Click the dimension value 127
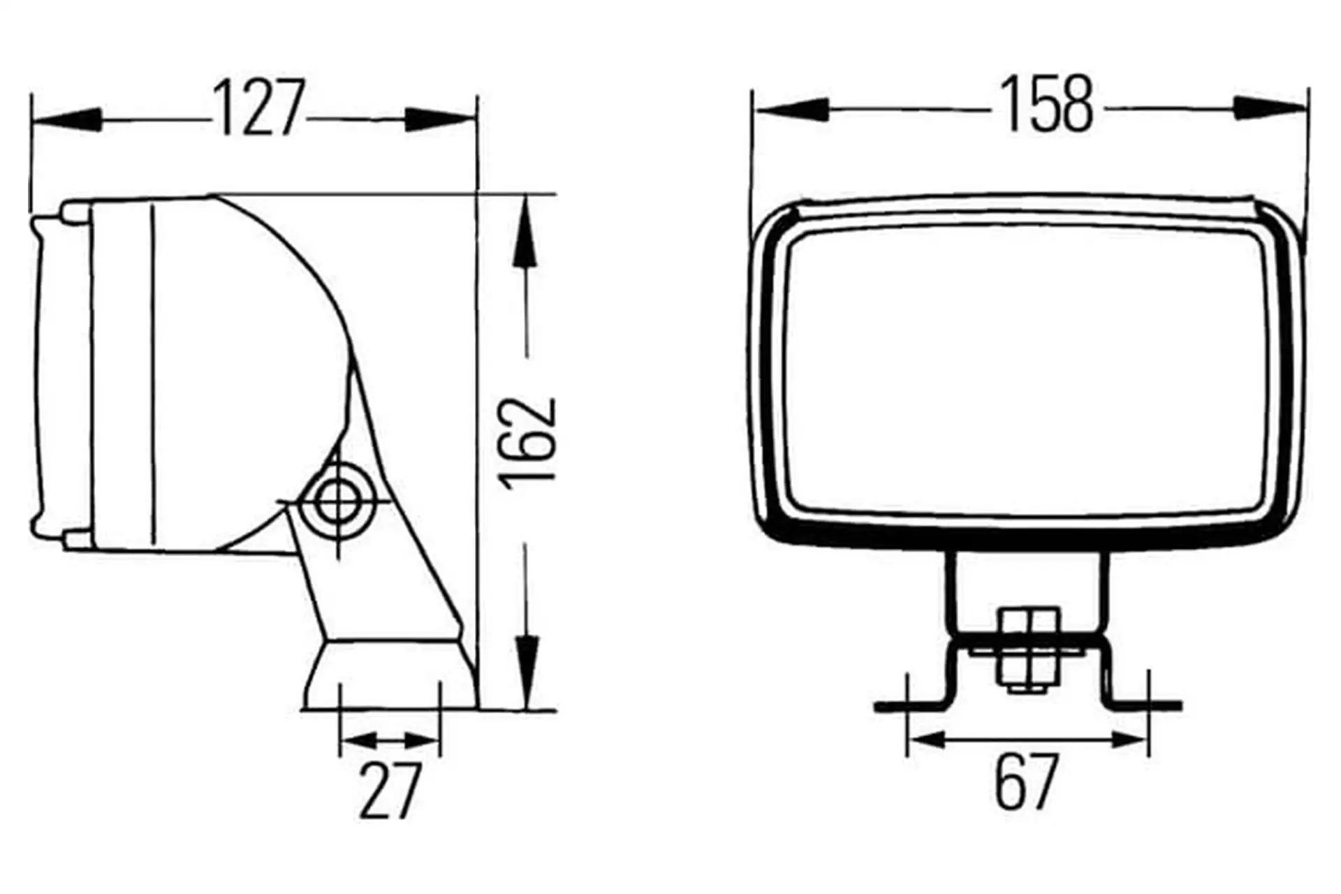tap(258, 108)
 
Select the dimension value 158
tap(1048, 104)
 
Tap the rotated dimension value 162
tap(529, 441)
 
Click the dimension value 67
tap(1025, 780)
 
